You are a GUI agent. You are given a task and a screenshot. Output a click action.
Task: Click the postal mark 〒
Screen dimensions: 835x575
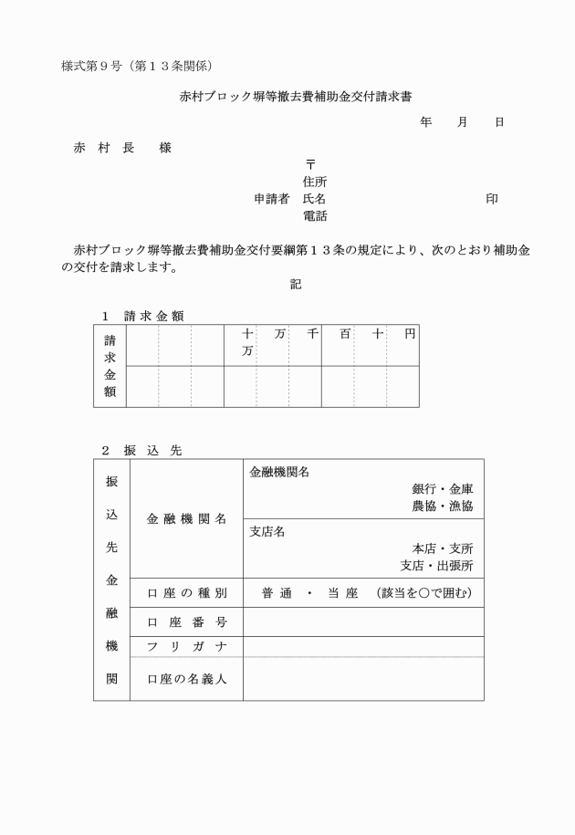tap(310, 164)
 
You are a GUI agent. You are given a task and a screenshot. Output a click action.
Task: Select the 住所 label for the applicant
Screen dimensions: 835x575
tap(315, 182)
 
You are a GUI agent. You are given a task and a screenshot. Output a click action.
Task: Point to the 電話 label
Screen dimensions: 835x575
tap(315, 216)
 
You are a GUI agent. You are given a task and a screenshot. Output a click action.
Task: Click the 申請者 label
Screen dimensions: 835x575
tap(271, 199)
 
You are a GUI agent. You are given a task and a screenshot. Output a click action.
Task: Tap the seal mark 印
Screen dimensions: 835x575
tap(492, 199)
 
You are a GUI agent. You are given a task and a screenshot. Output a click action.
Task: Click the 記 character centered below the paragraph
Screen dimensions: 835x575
tap(296, 285)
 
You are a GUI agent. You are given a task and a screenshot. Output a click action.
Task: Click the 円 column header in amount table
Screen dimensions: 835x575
tap(410, 335)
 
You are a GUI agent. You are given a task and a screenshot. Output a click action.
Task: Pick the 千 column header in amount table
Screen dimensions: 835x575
tap(312, 335)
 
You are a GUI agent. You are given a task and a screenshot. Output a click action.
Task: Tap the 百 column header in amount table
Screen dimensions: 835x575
tap(345, 335)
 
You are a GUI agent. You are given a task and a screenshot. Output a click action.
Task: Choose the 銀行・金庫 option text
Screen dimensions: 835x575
tap(442, 488)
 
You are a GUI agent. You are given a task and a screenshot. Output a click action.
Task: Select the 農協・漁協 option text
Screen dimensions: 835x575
tap(442, 506)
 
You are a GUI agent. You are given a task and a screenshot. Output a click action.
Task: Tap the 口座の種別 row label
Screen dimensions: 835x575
tap(186, 594)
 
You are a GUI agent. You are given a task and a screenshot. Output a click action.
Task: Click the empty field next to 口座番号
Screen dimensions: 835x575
tap(363, 623)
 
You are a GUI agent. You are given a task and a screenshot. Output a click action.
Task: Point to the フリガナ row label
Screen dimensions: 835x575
tap(186, 647)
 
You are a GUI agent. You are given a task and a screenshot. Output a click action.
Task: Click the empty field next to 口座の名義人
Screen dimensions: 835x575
tap(363, 679)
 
